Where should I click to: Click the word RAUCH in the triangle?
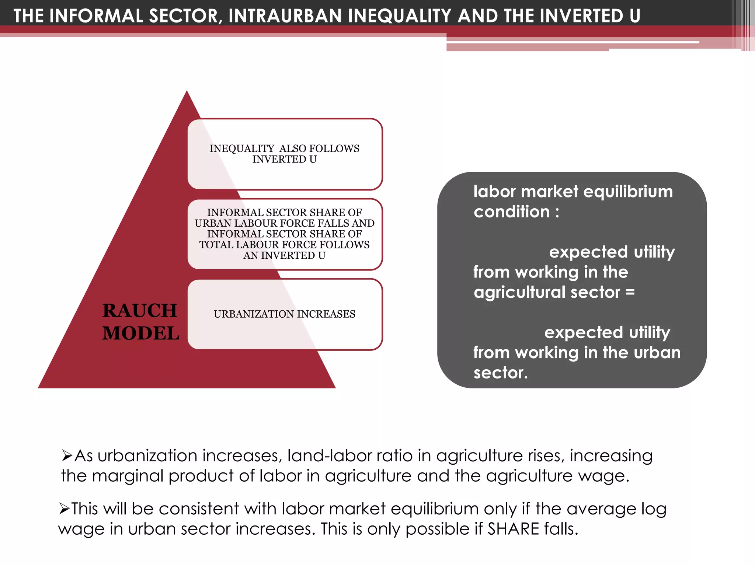(x=140, y=310)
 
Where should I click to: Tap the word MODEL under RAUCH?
(x=141, y=333)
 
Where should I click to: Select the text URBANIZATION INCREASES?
(x=284, y=314)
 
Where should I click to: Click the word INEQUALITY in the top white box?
(x=242, y=149)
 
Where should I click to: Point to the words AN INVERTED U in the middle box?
(x=284, y=255)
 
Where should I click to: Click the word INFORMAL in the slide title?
(x=96, y=16)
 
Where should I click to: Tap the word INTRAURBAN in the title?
(x=285, y=16)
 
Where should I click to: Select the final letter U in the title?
(x=635, y=16)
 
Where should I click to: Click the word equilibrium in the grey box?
(x=628, y=192)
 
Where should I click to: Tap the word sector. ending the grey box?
(x=500, y=373)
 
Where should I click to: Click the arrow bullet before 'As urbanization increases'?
(x=67, y=456)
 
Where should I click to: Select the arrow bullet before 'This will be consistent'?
(x=64, y=509)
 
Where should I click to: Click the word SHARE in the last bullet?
(x=514, y=529)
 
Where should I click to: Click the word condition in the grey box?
(x=512, y=212)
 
